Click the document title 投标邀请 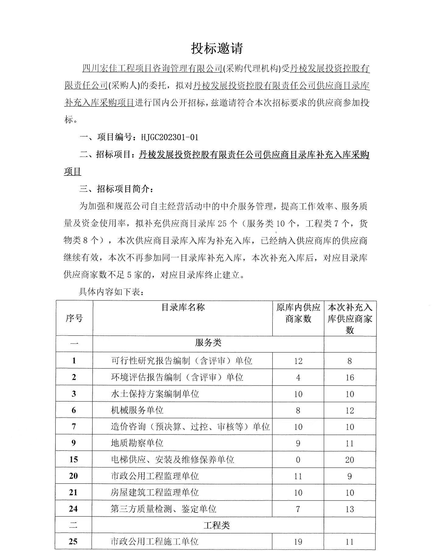tap(217, 48)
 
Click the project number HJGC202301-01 tap(170, 137)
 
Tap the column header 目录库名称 tap(183, 307)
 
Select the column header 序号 tap(74, 318)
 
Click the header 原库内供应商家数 tap(298, 313)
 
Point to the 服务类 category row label tap(208, 343)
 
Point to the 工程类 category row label tap(216, 525)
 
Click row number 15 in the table tap(73, 459)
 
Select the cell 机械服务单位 tap(137, 410)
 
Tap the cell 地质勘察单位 tap(137, 443)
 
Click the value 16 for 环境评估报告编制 tap(350, 378)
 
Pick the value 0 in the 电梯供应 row tap(298, 460)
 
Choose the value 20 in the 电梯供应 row tap(350, 460)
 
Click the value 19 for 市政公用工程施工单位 tap(298, 542)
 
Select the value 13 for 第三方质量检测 tap(350, 509)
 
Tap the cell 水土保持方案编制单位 tap(155, 394)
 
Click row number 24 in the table tap(73, 509)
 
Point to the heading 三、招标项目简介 tap(117, 189)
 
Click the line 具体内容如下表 tap(111, 292)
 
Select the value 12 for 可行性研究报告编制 tap(298, 361)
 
